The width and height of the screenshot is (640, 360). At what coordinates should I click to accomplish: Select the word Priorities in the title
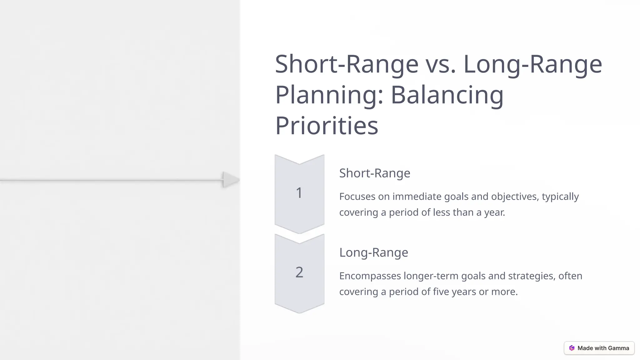tap(327, 126)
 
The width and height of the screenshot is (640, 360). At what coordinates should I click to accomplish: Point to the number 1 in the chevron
tap(299, 193)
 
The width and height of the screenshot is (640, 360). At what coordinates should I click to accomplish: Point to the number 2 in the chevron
tap(299, 272)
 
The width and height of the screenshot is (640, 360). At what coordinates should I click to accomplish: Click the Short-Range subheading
tap(375, 173)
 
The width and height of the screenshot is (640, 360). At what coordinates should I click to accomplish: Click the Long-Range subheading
tap(373, 252)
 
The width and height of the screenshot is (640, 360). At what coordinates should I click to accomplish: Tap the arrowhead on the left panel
tap(231, 180)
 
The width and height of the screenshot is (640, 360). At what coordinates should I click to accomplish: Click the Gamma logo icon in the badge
tap(572, 348)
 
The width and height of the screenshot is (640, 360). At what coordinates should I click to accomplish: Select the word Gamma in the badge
tap(618, 348)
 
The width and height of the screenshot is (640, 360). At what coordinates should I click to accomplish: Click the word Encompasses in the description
tap(370, 276)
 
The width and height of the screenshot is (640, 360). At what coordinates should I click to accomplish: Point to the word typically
tap(560, 197)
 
